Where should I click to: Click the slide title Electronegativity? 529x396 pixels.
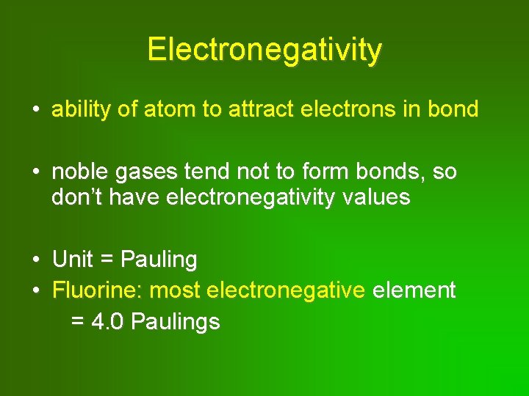click(x=264, y=50)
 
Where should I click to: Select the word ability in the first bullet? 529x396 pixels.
click(x=78, y=110)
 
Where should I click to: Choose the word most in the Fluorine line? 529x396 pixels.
click(x=175, y=290)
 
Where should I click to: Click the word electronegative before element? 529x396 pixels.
click(x=286, y=290)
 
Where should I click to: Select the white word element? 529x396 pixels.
click(x=414, y=290)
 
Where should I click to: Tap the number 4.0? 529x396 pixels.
click(x=108, y=322)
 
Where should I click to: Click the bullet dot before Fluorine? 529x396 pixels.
click(x=35, y=291)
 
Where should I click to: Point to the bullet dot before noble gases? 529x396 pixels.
click(x=35, y=173)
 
